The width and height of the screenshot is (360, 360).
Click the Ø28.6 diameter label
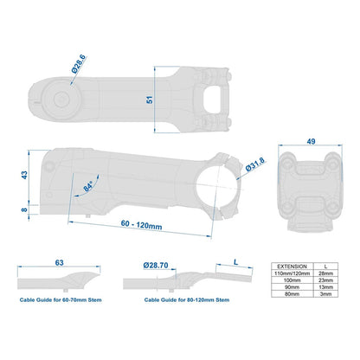coord(79,64)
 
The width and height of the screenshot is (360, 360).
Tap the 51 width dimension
coord(150,100)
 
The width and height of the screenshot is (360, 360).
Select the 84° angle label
coord(88,186)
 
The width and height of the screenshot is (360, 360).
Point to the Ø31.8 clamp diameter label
coord(255,164)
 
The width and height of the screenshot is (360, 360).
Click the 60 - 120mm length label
coord(141,225)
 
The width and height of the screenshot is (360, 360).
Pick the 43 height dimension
coord(24,175)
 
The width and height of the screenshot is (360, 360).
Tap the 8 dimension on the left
coord(24,209)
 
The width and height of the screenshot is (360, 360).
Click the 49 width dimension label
coord(311,142)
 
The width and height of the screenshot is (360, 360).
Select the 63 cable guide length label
coord(59,263)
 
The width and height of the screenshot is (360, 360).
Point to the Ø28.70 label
coord(156,265)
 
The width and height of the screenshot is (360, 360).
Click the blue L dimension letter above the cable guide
coord(236,262)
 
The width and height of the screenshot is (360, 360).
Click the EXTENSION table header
coord(292,267)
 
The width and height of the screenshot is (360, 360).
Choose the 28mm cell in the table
coord(326,273)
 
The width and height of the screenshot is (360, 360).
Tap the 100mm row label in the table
coord(292,280)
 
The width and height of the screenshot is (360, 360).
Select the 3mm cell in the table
coord(326,294)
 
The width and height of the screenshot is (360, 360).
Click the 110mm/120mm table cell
coord(292,273)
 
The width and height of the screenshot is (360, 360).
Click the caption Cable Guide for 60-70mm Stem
coord(61,300)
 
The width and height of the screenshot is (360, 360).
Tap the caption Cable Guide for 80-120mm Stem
coord(187,300)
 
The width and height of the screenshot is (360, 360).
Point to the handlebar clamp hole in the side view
coord(218,186)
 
